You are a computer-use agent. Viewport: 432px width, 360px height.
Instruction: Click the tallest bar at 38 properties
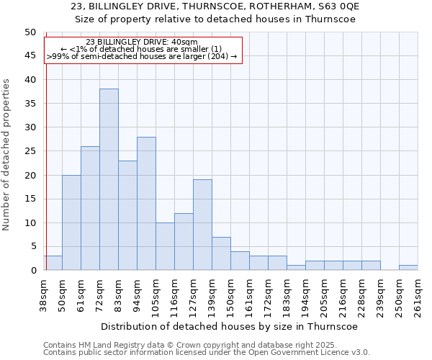[x=109, y=179]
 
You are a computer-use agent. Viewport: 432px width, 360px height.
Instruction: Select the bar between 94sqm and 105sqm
[x=146, y=203]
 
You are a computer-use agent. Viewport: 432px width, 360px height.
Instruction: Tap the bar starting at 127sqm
[x=202, y=225]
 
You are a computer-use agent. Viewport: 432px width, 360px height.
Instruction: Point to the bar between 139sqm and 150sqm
[x=221, y=253]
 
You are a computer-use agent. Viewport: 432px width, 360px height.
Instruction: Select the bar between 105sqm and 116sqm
[x=165, y=246]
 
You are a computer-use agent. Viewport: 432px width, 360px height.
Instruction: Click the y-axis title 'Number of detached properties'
[x=7, y=155]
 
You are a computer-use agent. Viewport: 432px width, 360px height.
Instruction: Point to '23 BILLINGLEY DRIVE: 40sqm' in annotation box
[x=136, y=42]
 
